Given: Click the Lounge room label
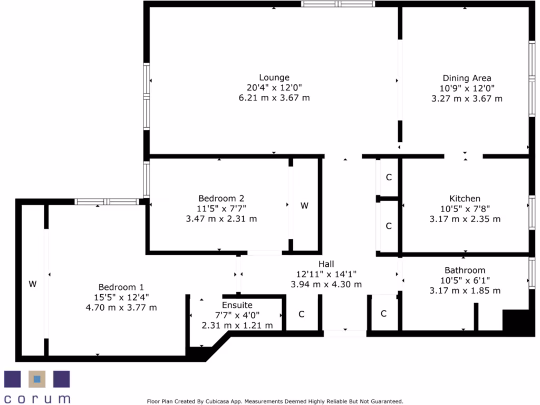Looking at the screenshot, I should click(274, 78).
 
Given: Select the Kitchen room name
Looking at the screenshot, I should click(465, 199).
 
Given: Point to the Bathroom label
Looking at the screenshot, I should click(465, 271).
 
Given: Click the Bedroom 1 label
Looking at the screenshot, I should click(121, 287).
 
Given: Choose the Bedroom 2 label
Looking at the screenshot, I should click(221, 199).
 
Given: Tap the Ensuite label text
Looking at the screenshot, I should click(237, 305).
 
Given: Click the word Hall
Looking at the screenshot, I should click(326, 264).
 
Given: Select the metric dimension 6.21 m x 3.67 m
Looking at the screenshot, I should click(274, 98).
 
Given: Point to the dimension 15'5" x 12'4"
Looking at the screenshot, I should click(121, 297).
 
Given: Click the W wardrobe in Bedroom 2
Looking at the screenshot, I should click(304, 206).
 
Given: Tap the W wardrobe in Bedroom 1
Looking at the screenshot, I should click(33, 284).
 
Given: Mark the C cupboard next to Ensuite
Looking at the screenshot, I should click(302, 314).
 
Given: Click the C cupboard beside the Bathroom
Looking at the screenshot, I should click(383, 314).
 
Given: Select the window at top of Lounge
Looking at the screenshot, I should click(338, 4).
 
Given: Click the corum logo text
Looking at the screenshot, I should click(37, 398).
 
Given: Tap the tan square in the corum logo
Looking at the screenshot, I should click(36, 379).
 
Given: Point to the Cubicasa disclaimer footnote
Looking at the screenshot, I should click(275, 401).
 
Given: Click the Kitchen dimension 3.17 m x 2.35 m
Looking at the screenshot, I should click(465, 219).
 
